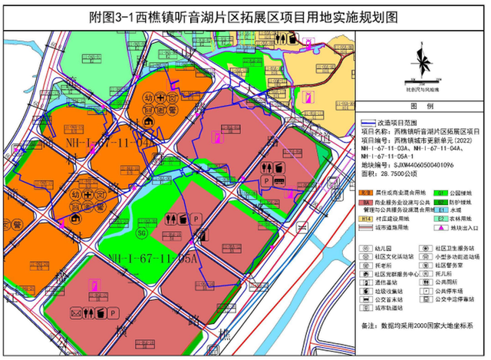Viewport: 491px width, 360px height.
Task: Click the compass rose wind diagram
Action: pos(421,64)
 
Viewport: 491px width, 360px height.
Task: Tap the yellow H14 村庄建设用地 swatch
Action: pos(366,219)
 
